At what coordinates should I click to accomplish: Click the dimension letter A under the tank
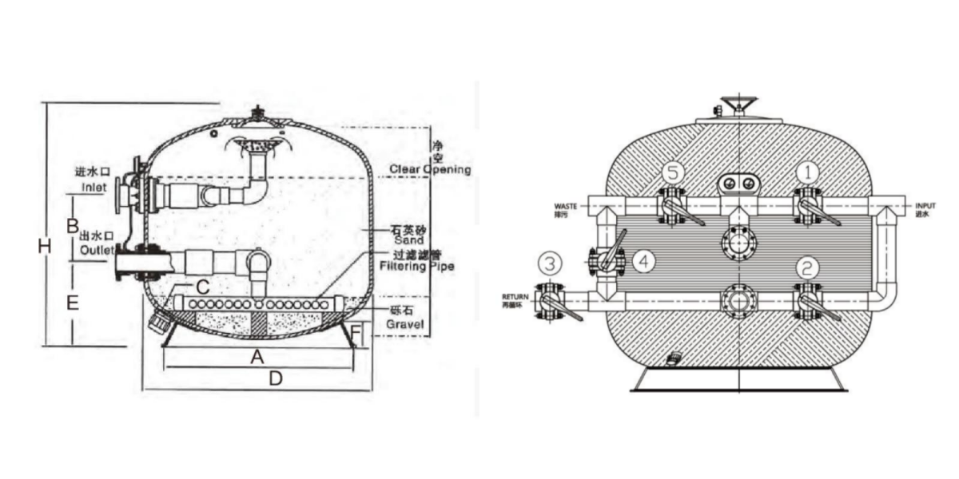click(x=257, y=358)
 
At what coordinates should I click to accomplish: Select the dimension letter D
click(x=275, y=379)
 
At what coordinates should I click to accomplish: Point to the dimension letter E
click(x=72, y=303)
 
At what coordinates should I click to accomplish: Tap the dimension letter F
click(x=356, y=329)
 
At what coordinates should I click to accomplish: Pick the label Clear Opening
click(x=430, y=169)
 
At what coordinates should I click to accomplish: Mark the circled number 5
click(x=673, y=172)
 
